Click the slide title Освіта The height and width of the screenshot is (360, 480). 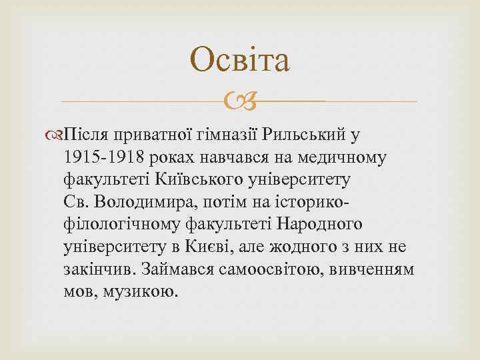click(240, 61)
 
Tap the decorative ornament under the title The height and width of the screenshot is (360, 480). click(240, 101)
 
